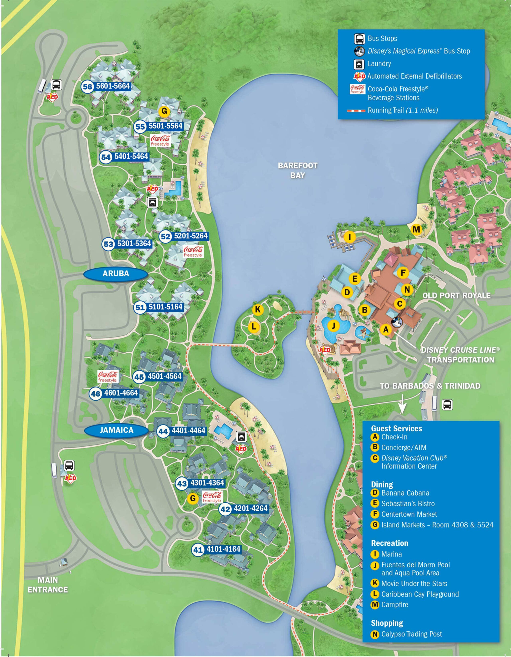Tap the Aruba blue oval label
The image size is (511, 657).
[x=115, y=273]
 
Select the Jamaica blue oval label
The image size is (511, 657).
[x=116, y=430]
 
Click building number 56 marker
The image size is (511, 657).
[x=87, y=87]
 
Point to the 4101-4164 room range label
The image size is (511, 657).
[x=223, y=549]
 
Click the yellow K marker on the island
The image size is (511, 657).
[x=258, y=309]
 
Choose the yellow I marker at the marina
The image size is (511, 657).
[x=349, y=237]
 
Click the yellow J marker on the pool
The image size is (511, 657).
[x=333, y=325]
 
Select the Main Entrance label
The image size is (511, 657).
[x=47, y=585]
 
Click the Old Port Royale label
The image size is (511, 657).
[x=456, y=295]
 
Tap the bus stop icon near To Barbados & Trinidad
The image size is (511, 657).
[x=447, y=405]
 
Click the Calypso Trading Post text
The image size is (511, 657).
[x=411, y=634]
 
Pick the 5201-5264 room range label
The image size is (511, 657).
[x=191, y=236]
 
